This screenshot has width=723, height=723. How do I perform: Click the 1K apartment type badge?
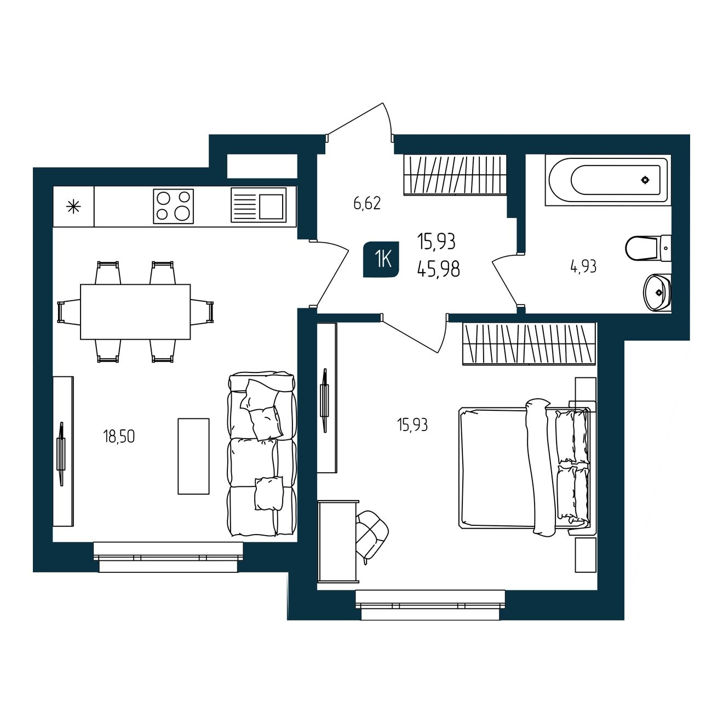tap(381, 259)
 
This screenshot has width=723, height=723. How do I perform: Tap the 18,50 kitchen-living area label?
tap(118, 437)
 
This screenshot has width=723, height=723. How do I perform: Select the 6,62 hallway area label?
tap(367, 203)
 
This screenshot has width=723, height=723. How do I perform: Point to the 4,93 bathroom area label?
tap(583, 267)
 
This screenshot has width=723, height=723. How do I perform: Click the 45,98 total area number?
tap(438, 269)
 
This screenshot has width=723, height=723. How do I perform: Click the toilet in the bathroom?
tap(648, 248)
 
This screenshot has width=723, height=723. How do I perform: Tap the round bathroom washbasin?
tap(657, 292)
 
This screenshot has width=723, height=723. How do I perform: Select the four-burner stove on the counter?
tap(173, 206)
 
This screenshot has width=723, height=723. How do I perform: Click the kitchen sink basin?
tap(271, 206)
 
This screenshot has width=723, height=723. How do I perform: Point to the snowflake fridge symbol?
tap(73, 206)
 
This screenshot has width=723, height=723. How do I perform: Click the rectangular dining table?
tap(135, 312)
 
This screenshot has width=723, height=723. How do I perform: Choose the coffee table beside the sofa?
tap(193, 456)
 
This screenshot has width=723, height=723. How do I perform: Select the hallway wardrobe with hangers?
tap(455, 175)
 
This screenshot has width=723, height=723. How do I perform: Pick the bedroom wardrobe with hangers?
tap(530, 343)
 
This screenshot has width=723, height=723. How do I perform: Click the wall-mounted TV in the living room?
tap(61, 454)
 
